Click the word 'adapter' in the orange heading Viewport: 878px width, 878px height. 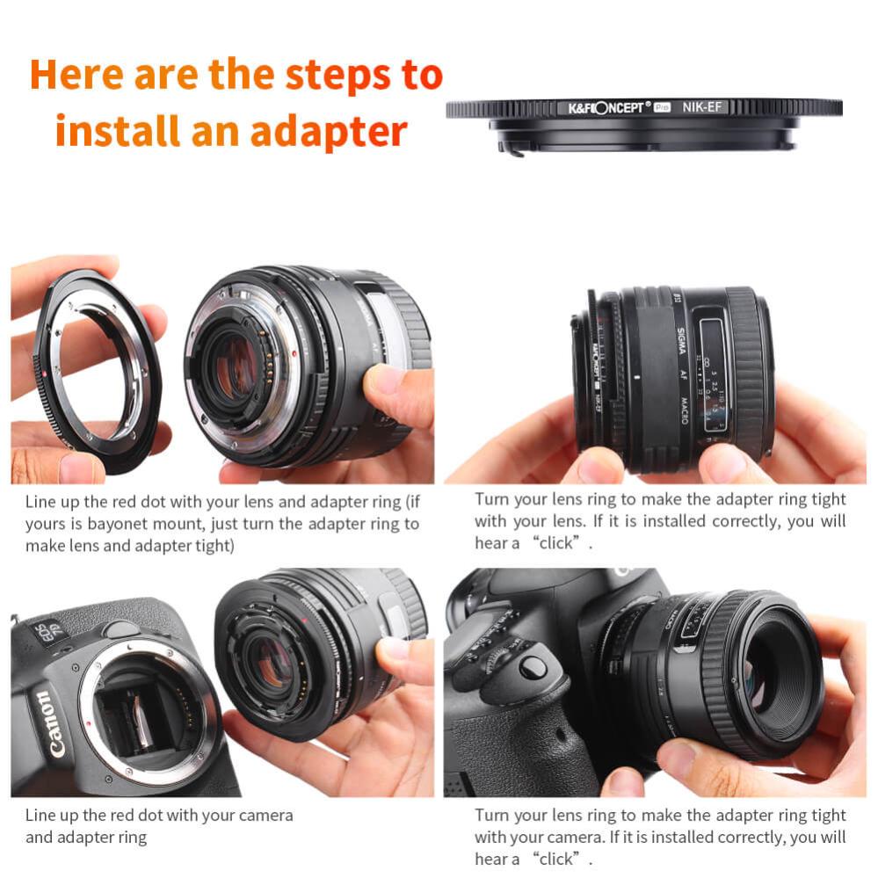click(329, 132)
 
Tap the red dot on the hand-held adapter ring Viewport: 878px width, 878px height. click(44, 375)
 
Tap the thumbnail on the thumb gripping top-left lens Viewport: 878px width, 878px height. click(384, 381)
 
